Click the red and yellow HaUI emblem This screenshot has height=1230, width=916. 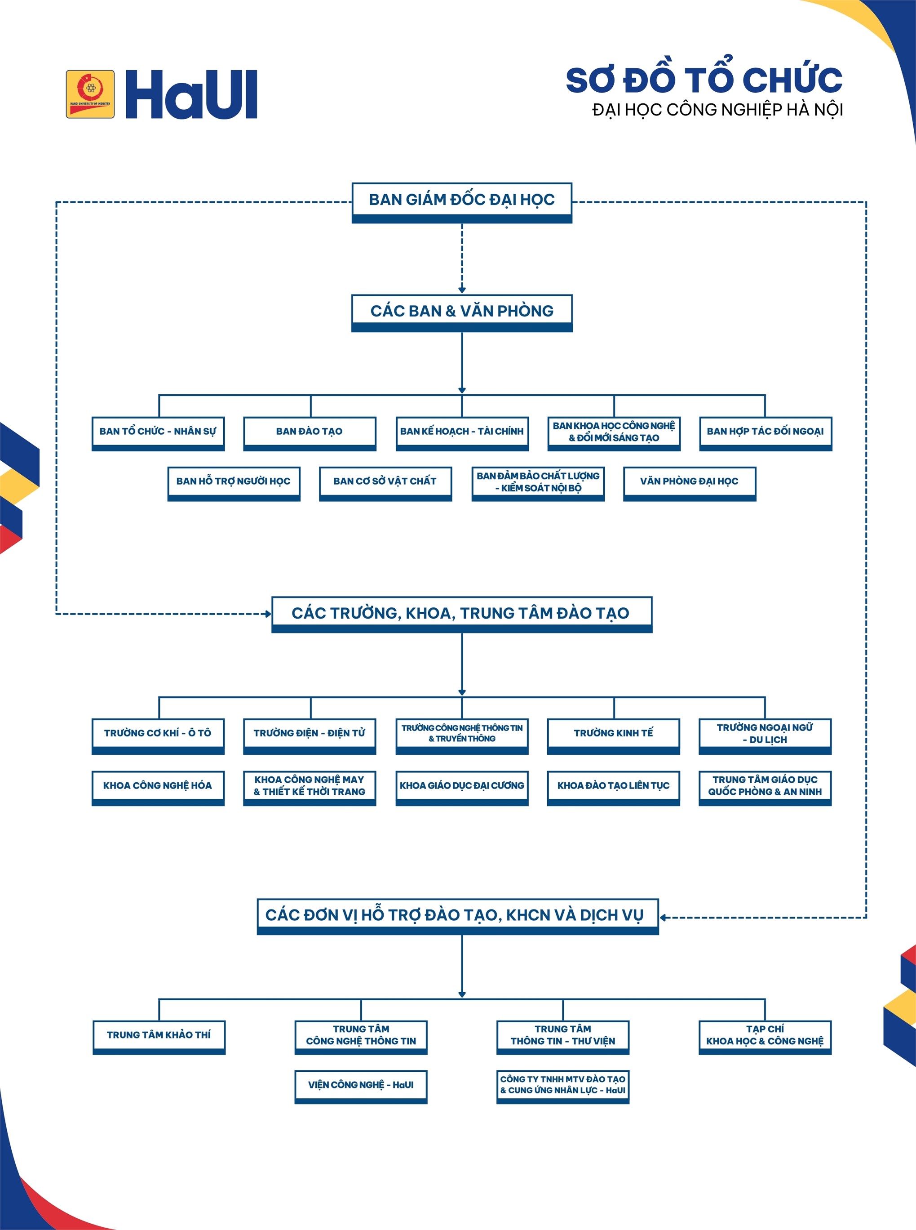click(x=90, y=94)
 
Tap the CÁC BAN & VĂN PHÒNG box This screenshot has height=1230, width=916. click(x=462, y=313)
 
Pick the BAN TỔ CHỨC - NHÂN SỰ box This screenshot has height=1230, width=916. click(x=158, y=433)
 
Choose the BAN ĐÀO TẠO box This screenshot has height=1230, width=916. click(x=310, y=433)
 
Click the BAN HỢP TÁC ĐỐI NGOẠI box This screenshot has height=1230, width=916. click(x=765, y=433)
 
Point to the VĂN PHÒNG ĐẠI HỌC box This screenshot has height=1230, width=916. click(x=689, y=484)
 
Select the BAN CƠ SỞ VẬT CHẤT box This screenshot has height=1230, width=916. click(x=385, y=484)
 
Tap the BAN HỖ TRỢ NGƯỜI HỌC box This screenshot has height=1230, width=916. click(x=234, y=484)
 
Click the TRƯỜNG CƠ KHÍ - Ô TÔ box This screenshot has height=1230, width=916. click(x=158, y=736)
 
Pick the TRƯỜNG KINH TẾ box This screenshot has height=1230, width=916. click(x=613, y=736)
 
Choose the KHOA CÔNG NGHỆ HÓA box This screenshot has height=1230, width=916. click(x=158, y=788)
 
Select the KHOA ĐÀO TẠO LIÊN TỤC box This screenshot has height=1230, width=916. click(x=613, y=788)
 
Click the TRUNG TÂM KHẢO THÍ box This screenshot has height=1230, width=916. click(x=159, y=1037)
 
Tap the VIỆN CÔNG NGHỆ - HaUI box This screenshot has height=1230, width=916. click(x=361, y=1087)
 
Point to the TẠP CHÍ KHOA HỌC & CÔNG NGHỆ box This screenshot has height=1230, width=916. click(x=765, y=1037)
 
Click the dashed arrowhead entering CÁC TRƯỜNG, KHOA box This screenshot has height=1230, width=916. click(x=268, y=614)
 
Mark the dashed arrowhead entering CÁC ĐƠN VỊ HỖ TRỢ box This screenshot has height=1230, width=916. click(x=663, y=917)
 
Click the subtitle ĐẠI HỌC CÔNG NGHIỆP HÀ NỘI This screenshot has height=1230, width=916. click(x=717, y=110)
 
